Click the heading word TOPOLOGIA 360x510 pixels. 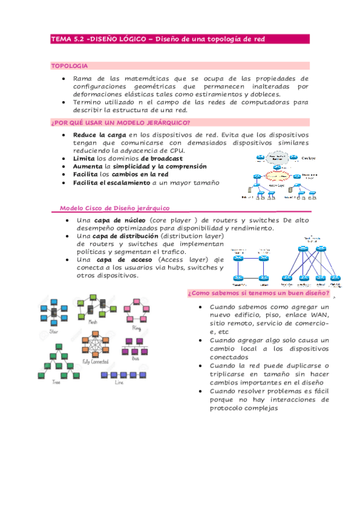tap(69, 65)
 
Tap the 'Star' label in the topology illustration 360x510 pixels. tap(54, 331)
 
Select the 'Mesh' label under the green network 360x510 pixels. tap(93, 322)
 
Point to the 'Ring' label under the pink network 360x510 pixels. tap(136, 329)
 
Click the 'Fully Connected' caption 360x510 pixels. tap(95, 361)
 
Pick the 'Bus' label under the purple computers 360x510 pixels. tap(136, 358)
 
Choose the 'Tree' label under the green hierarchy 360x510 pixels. tap(56, 382)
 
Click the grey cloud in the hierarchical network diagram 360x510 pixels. tap(272, 159)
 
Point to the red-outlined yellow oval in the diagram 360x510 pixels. tap(274, 177)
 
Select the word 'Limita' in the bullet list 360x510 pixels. tap(84, 158)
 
